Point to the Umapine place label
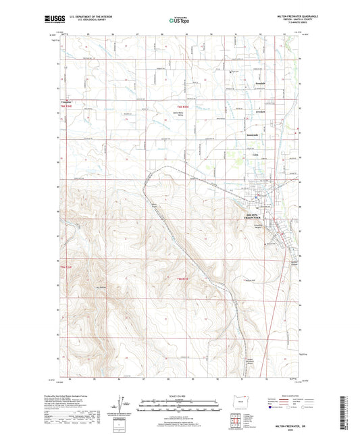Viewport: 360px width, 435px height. [60, 101]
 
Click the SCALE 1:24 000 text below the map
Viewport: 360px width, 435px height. [179, 395]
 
